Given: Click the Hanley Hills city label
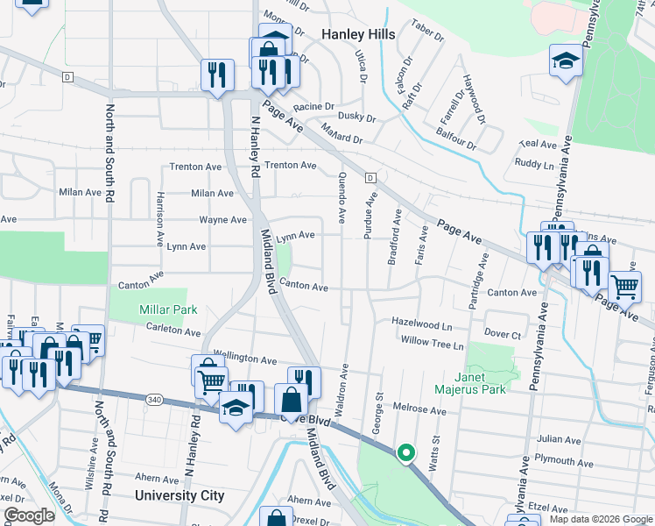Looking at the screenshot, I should click(x=358, y=34).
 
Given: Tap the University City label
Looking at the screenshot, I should click(x=180, y=495).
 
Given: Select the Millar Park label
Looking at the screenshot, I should click(x=168, y=309).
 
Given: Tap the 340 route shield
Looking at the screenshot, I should click(x=155, y=399).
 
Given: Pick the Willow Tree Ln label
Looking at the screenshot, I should click(x=432, y=345).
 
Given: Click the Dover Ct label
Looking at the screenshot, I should click(x=503, y=334).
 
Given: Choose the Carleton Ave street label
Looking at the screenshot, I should click(x=173, y=331).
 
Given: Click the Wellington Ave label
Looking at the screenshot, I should click(x=245, y=359).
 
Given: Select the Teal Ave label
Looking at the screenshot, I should click(x=538, y=144).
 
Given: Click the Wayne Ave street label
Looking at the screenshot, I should click(x=223, y=220).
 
